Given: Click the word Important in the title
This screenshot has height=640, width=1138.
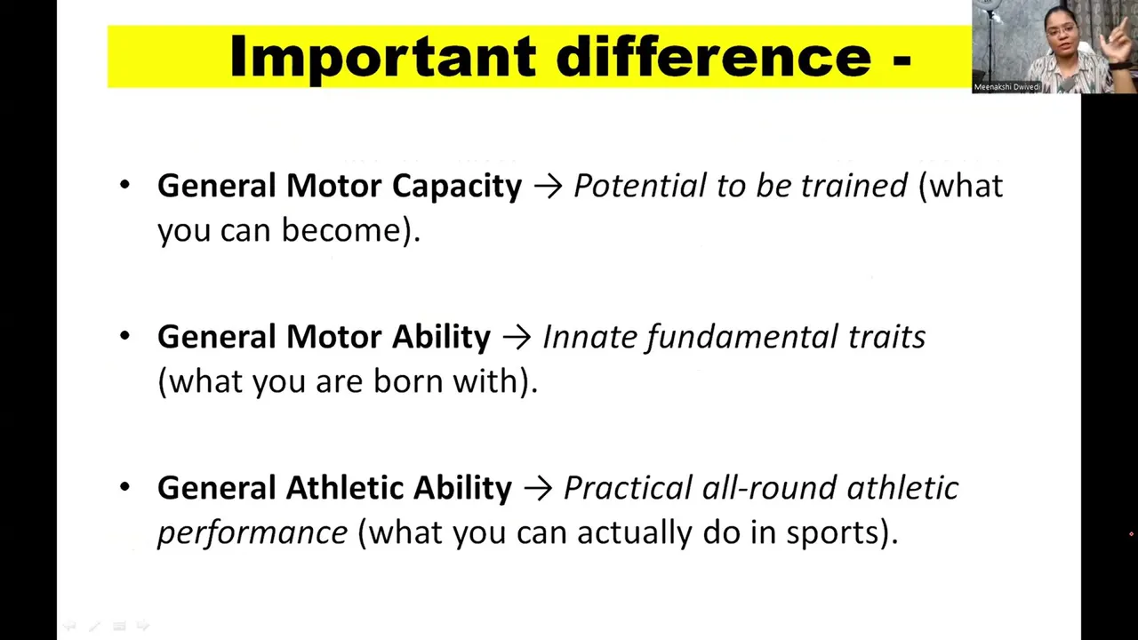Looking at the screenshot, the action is tap(383, 57).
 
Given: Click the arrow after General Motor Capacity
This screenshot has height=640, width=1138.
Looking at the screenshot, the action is tap(549, 187).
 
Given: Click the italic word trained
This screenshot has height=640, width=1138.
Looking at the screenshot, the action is tap(854, 185).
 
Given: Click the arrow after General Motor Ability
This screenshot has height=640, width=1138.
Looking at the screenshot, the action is tap(517, 338).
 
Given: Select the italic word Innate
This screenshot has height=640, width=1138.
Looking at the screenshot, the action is tap(589, 337).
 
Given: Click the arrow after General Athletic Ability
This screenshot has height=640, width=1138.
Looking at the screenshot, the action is tap(538, 489).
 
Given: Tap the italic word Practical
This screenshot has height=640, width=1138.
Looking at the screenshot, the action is tap(628, 488).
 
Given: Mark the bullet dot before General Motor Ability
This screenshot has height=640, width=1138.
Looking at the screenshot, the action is tap(125, 336).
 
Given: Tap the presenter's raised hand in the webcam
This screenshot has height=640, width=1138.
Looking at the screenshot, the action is tap(1118, 41).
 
